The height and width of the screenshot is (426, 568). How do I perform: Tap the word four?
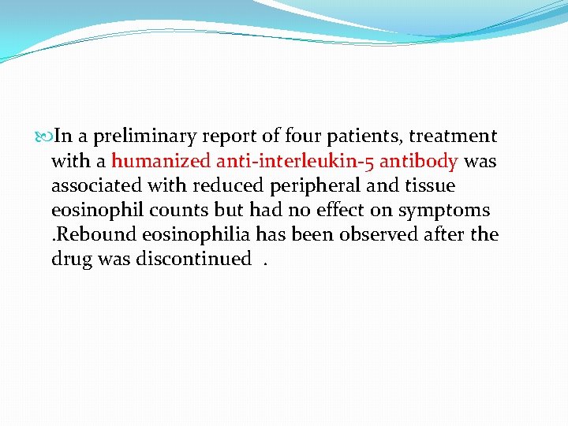coord(307,137)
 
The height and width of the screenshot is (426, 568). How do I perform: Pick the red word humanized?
coord(162,162)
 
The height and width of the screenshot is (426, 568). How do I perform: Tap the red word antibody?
coord(419,162)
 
